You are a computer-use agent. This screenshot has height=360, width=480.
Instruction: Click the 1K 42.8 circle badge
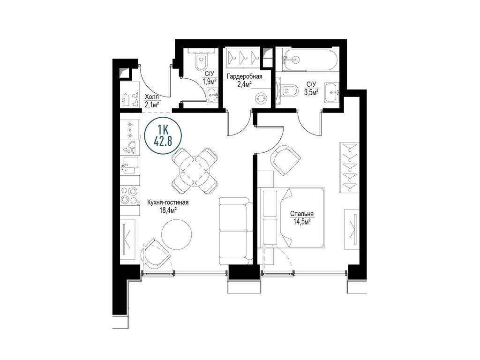pos(163,135)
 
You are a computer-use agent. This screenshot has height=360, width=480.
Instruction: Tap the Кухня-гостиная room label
pos(167,202)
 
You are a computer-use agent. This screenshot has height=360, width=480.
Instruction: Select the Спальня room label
pos(302,214)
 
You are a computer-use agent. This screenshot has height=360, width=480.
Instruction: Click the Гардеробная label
pos(244,76)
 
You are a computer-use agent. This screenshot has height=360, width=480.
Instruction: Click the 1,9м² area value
pos(210,81)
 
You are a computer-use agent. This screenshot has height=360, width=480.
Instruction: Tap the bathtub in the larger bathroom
pos(310,60)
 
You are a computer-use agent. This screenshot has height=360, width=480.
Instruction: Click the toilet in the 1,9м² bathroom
pos(201,62)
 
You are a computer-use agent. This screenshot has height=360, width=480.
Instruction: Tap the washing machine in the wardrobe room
pos(261,98)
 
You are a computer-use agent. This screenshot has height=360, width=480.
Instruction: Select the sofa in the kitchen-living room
pos(236,231)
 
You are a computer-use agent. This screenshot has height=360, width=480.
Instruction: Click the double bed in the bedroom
pos(292,217)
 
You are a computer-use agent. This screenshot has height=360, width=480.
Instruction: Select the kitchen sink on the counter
pos(129,165)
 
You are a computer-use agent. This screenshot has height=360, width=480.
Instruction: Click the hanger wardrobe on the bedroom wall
pos(349,167)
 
